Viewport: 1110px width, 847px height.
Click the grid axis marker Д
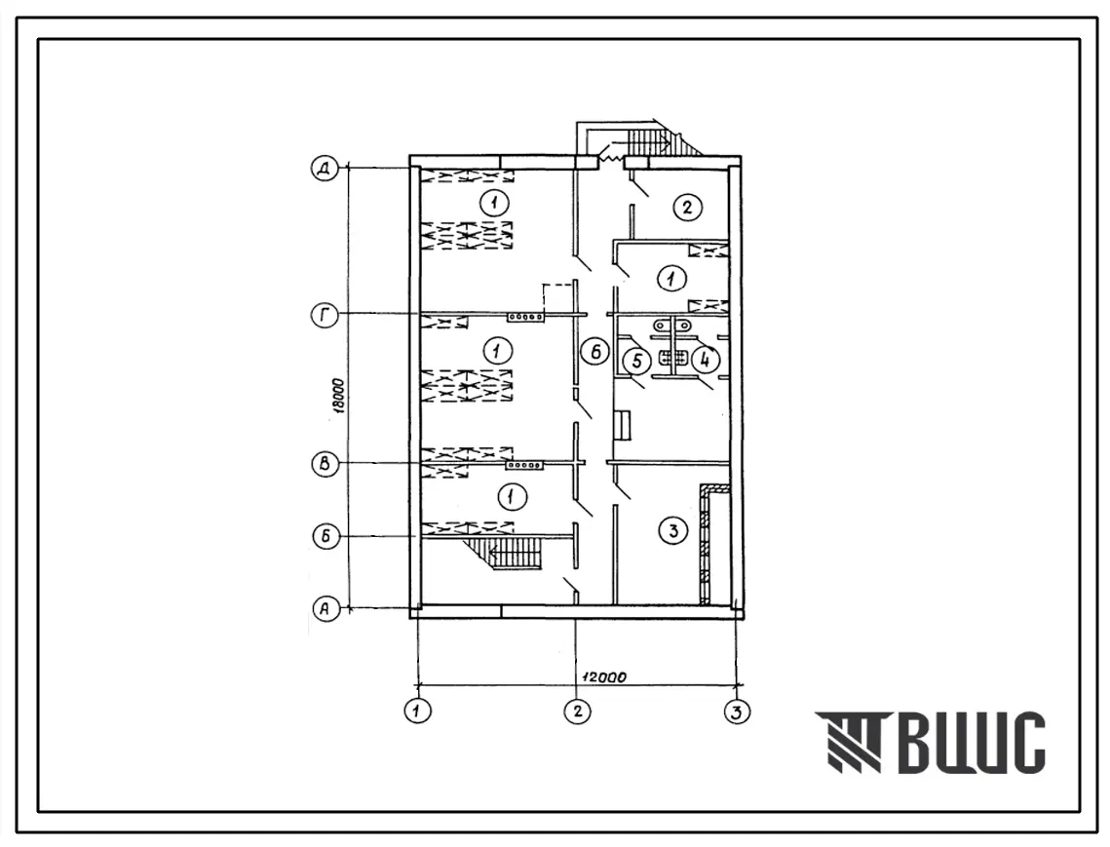point(325,170)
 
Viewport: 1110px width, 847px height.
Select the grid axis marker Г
point(325,315)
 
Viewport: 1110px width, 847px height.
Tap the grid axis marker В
point(325,465)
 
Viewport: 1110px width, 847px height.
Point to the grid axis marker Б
point(325,536)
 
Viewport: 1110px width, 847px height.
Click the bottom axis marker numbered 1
point(418,711)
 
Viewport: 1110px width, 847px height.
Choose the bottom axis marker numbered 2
point(578,711)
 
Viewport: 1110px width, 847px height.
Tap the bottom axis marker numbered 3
point(737,711)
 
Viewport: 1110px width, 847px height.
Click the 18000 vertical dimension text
point(340,397)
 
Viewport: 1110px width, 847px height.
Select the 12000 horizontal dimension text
point(604,677)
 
